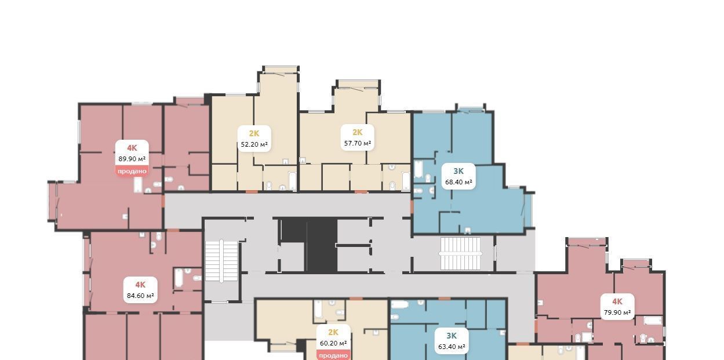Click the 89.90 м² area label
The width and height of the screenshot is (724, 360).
(132, 159)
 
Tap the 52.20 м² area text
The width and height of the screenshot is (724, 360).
(254, 144)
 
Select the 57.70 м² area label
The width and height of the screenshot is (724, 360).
(358, 143)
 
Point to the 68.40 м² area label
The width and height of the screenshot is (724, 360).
(459, 182)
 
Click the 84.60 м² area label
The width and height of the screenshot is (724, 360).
(140, 296)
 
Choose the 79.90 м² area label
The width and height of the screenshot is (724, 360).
(617, 312)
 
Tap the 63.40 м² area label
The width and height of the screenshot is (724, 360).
(452, 347)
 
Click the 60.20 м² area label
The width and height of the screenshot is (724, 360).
(333, 343)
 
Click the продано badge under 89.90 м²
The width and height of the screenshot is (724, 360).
(132, 171)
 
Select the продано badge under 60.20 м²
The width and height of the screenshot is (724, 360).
(333, 355)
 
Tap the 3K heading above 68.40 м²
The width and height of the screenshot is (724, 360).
(459, 171)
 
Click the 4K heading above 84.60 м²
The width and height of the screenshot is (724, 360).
(140, 285)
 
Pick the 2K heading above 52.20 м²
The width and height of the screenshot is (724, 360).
(254, 133)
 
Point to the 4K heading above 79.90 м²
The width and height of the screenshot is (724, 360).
(617, 301)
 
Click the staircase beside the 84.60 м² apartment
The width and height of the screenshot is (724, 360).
(221, 261)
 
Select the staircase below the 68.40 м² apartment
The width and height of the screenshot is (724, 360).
(461, 253)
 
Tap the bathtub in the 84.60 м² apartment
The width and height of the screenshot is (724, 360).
(179, 278)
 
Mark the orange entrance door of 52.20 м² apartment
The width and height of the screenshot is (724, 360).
(252, 192)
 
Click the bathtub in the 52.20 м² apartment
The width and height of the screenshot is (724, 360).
(292, 181)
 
